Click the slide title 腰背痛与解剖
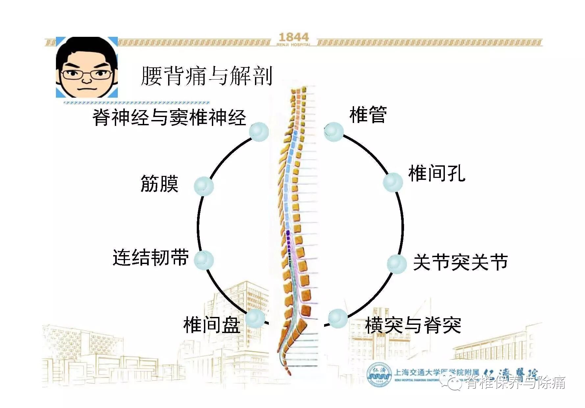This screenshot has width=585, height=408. pos(207,76)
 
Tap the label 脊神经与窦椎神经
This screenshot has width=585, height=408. pos(169,117)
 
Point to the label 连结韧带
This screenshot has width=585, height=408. pos(151,257)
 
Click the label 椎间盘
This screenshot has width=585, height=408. pos(212,324)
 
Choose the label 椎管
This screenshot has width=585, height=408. pos(368,115)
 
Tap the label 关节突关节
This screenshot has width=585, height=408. pos(460,262)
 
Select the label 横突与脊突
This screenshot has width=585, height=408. pos(413,325)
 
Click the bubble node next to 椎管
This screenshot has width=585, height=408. pos(334,132)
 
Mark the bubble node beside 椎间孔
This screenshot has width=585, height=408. pos(393,182)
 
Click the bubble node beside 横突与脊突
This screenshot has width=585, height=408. pos(338,318)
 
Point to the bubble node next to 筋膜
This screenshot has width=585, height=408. pos(204,186)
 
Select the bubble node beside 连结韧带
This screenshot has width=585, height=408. pos(204,260)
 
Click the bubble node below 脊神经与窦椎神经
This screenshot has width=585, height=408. pos(259,132)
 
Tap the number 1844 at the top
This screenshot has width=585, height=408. pos(293,37)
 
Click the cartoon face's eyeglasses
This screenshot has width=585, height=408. pos(87,74)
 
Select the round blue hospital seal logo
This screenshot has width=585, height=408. pos(379,375)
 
